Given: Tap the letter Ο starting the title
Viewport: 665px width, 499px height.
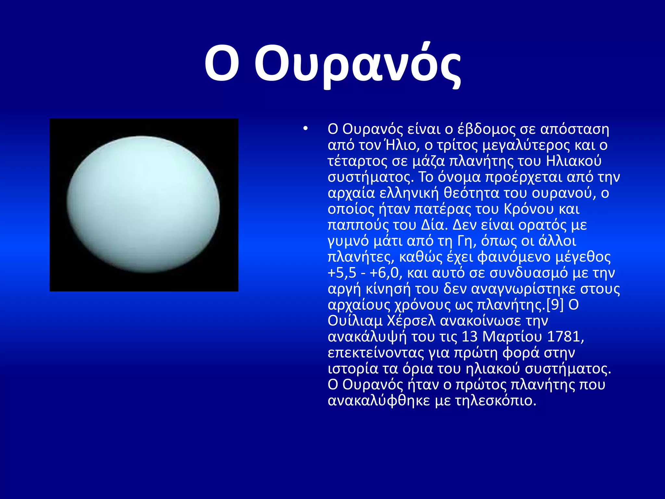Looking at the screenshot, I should [x=222, y=63].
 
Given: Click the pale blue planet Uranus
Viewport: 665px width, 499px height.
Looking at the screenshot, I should [x=143, y=204].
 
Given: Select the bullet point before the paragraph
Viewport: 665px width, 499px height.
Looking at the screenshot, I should [x=305, y=129].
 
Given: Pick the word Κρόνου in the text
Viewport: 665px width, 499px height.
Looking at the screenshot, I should [x=528, y=209].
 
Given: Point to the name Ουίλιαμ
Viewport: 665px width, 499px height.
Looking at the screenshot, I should [x=355, y=321].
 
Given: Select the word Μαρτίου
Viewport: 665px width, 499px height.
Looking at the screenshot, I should [x=512, y=337].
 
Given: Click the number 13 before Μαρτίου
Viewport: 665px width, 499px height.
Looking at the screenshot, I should [x=470, y=337].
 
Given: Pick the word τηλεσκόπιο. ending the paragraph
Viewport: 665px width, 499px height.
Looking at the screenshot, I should [x=496, y=401].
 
